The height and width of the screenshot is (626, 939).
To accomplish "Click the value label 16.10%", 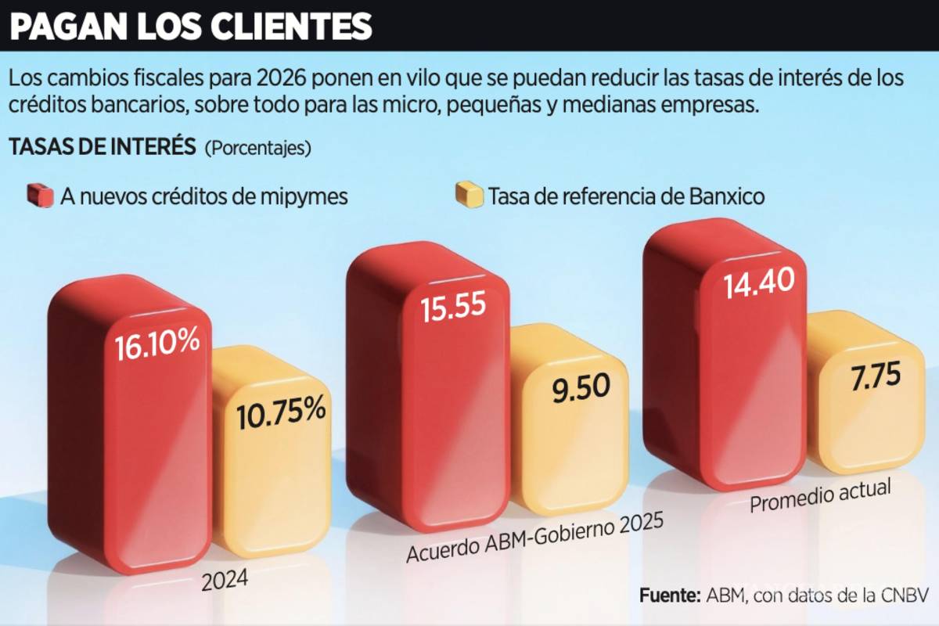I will tap(156, 346).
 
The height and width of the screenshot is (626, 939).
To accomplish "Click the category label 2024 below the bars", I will tap(225, 580).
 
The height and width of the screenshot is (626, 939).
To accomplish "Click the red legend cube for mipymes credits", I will tap(39, 195).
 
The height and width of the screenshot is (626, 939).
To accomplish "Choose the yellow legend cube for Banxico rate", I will tap(469, 195).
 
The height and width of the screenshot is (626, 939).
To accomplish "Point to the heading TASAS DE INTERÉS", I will tap(102, 146).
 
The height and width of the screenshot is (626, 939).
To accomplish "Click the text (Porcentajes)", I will tap(257, 147).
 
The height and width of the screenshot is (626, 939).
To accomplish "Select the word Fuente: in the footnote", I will tap(669, 595).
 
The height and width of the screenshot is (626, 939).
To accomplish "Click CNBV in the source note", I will tap(907, 595).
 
